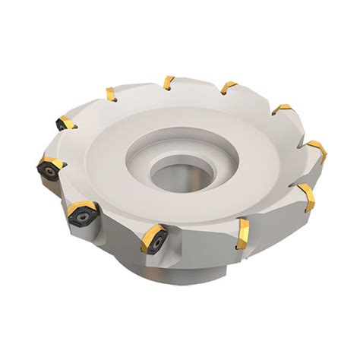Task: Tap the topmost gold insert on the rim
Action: tap(169, 82)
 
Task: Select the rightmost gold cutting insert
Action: tap(317, 150)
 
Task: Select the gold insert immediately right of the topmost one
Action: tap(228, 88)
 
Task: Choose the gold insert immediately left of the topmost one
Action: tap(111, 94)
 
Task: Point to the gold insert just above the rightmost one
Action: tap(282, 110)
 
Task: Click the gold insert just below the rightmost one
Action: tap(306, 196)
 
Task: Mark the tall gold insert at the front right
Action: tap(242, 233)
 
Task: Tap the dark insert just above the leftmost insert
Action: tap(64, 122)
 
